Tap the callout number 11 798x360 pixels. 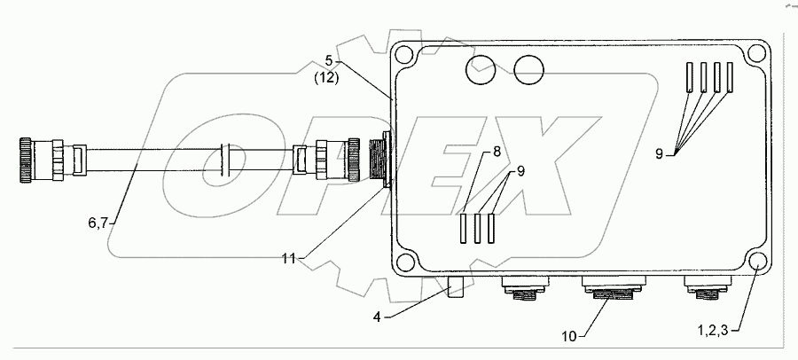point(287,258)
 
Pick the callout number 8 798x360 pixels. point(497,152)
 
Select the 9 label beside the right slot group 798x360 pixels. point(660,153)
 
